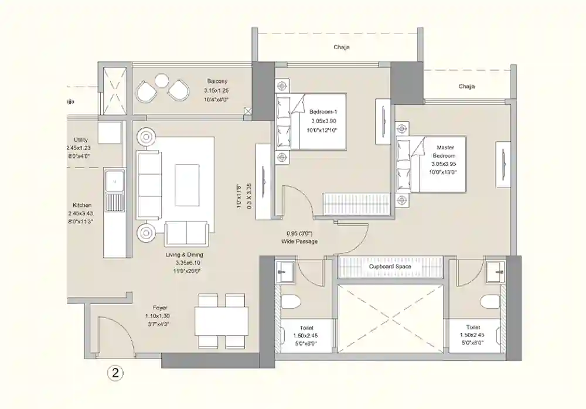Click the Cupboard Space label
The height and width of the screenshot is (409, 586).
pos(390,267)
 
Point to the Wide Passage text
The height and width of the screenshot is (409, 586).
pos(299,241)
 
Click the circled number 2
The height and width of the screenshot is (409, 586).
pos(115,371)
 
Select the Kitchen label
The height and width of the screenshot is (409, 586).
pos(82,205)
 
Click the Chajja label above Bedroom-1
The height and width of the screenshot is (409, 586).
pos(342,48)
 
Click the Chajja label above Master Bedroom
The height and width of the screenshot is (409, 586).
pos(466,87)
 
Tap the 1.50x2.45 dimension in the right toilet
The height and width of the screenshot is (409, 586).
pos(473,336)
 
